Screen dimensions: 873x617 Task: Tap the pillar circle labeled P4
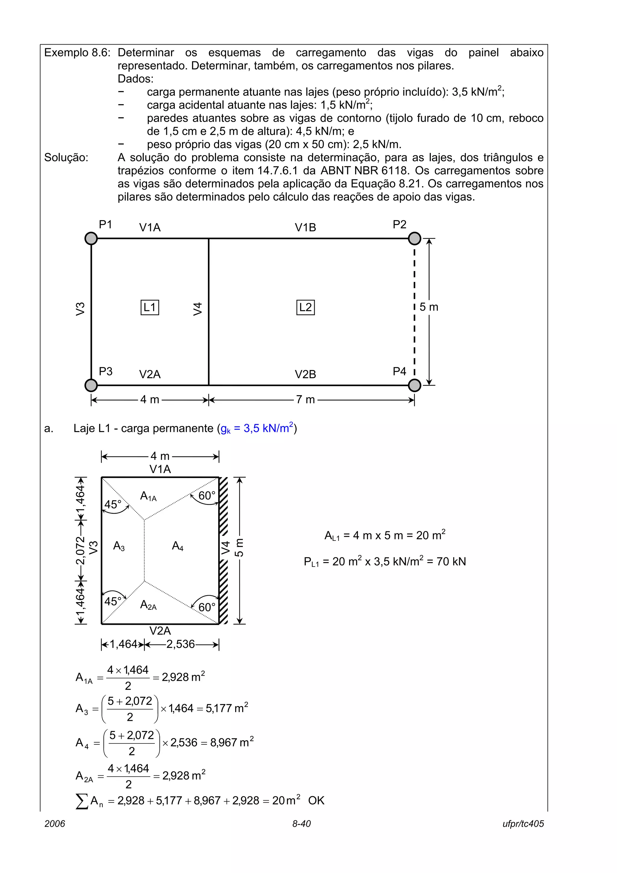click(414, 385)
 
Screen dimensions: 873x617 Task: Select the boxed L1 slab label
click(150, 307)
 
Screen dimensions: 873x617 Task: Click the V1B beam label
click(305, 227)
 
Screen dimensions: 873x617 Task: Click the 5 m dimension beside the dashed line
click(429, 307)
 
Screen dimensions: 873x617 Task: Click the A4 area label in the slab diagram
click(177, 546)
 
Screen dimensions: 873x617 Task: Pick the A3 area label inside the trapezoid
click(119, 546)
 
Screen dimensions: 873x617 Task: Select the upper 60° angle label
click(207, 496)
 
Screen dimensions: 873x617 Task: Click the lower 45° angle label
click(113, 602)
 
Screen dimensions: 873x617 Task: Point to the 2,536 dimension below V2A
click(180, 644)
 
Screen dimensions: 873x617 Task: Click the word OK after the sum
click(316, 801)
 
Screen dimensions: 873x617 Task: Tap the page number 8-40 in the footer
click(302, 824)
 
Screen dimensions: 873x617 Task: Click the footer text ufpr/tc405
click(523, 824)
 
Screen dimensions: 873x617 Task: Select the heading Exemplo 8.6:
click(77, 52)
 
